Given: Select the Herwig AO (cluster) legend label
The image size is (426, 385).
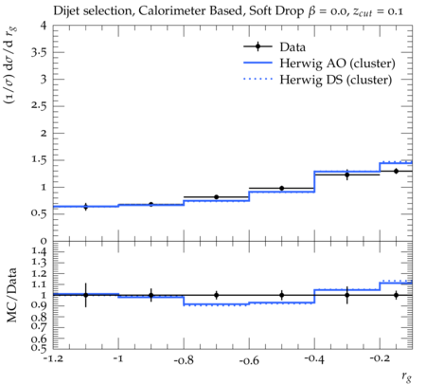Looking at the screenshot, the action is point(337,64).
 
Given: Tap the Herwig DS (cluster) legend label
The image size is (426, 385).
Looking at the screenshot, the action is point(336,80).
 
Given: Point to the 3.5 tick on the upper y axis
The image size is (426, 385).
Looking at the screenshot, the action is point(39,52).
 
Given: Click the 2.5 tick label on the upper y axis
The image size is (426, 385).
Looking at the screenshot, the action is point(39,106).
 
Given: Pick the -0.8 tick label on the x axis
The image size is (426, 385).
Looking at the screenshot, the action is point(184,360).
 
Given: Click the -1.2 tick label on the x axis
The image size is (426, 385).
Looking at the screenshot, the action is point(53,359).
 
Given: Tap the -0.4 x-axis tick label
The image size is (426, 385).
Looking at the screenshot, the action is point(314,359).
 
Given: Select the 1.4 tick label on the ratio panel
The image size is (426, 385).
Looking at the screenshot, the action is point(39,251).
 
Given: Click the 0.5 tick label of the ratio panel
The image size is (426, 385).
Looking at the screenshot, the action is point(39,348).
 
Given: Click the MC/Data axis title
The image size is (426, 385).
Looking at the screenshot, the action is point(12,295).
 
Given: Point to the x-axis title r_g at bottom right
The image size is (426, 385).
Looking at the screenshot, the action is point(407,376).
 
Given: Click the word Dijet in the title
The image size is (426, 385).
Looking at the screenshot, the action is point(66,11).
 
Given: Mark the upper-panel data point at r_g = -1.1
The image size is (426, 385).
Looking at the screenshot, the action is point(85,207).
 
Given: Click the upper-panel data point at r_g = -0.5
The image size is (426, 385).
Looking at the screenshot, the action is point(282,189).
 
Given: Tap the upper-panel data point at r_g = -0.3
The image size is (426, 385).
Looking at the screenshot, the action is point(347,174).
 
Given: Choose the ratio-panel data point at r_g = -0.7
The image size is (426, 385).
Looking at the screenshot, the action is point(217,295).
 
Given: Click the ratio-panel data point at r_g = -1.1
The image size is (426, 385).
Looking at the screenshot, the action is point(85,295).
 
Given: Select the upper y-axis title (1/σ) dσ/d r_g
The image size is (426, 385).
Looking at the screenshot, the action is point(10,65).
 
